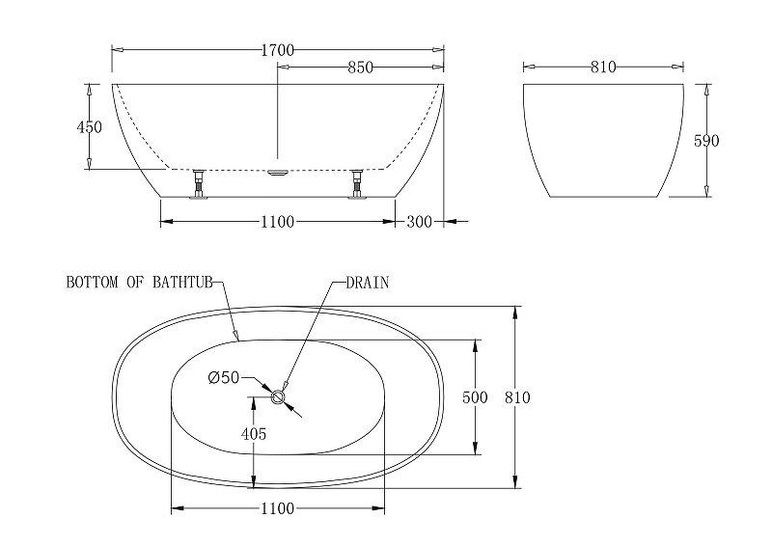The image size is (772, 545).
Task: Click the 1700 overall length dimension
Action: (x=276, y=49)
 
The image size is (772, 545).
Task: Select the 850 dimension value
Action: (x=360, y=68)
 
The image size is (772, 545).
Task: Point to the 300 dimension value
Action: (x=419, y=222)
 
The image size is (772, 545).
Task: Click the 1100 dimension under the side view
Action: (x=276, y=222)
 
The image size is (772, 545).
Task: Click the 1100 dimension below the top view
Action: (x=276, y=507)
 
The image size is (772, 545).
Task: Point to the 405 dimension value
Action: (x=253, y=434)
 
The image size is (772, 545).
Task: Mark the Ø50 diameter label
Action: (x=223, y=377)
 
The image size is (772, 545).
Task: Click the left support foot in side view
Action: (x=199, y=183)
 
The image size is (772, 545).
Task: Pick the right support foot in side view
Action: (x=358, y=183)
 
